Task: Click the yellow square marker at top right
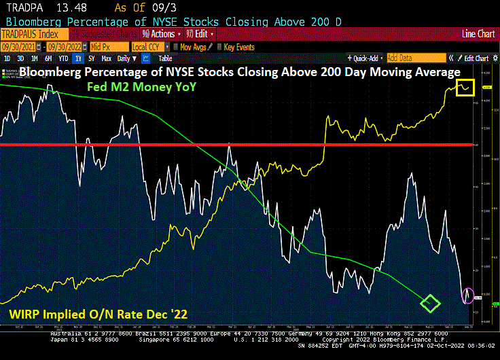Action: click(x=465, y=87)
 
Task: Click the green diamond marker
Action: click(x=429, y=302)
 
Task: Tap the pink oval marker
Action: click(x=467, y=295)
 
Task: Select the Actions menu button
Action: click(x=161, y=33)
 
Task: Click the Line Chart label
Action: click(x=478, y=33)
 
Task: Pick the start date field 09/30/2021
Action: click(x=20, y=47)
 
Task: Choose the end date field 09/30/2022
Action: click(x=67, y=47)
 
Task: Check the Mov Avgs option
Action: click(x=194, y=47)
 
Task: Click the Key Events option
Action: click(x=238, y=47)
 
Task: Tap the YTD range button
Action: click(x=62, y=58)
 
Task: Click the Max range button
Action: click(x=106, y=58)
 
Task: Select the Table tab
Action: click(x=165, y=58)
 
